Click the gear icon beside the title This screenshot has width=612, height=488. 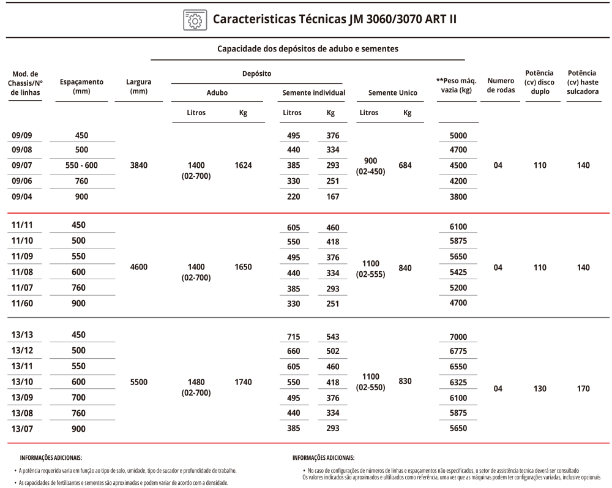[193, 20]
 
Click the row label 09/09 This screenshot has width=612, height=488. [21, 136]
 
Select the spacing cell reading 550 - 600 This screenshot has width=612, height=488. [81, 165]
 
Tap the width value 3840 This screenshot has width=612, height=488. [138, 165]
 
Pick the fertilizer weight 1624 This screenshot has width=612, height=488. [243, 165]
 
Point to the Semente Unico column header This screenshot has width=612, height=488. [392, 93]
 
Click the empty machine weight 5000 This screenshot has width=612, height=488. [458, 136]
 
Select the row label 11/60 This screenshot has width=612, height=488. [21, 303]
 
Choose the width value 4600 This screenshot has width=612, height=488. [138, 267]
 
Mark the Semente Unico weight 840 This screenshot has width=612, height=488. [405, 268]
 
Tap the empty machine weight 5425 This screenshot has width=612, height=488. [458, 272]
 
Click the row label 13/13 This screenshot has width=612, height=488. [21, 335]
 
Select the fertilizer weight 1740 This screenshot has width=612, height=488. [243, 382]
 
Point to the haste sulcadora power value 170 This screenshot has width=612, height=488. [583, 388]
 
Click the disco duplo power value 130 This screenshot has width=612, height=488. [539, 388]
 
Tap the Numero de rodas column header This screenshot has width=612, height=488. [501, 85]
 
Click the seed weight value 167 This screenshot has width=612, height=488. [332, 197]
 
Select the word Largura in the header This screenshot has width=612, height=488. [138, 81]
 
